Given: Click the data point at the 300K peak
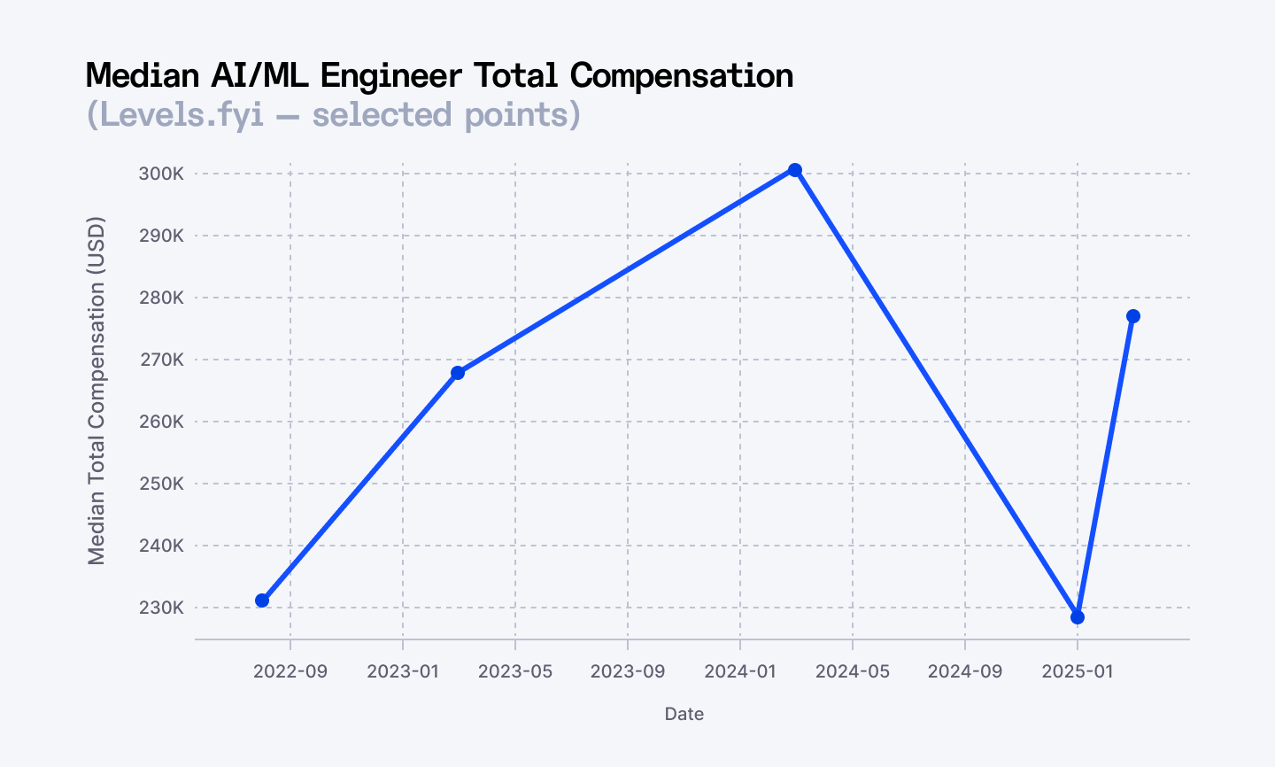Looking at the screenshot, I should point(795,170).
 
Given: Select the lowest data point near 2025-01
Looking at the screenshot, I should point(1078,617).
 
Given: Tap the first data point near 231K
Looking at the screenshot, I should point(262,600).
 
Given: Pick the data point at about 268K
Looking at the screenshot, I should point(458,373).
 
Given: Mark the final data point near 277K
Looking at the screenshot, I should point(1133,316).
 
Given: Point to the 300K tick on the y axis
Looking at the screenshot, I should point(161,174).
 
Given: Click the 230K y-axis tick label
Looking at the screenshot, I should point(161,608).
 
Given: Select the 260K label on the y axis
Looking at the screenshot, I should point(161,422).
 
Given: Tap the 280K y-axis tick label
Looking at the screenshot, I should point(161,298).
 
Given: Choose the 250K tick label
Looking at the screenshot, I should point(161,484).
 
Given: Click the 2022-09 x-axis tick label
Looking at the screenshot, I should point(290,671).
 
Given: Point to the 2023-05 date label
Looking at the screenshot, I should point(515,671).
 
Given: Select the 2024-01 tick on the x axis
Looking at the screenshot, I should point(740,671).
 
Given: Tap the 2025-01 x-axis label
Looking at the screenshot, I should point(1078,671).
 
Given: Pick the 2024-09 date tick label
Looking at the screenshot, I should point(965,671).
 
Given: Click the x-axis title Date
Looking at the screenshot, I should point(684,714).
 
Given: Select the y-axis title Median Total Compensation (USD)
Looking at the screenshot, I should point(97,391).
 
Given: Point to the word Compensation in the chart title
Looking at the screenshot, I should point(682,76).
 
